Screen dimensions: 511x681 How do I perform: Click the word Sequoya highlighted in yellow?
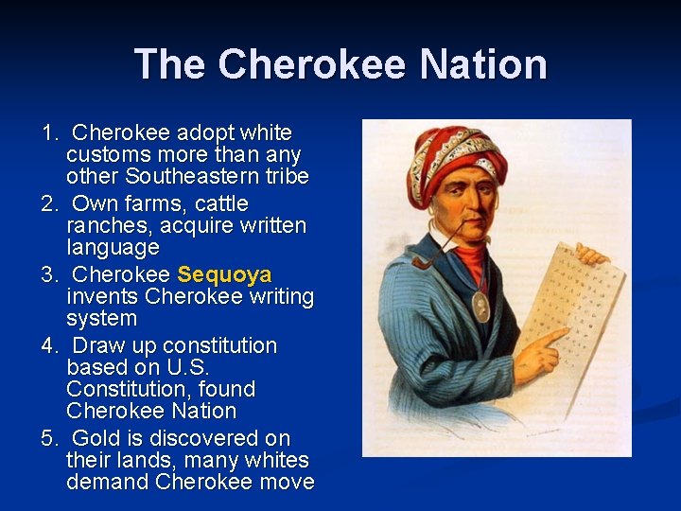click(224, 275)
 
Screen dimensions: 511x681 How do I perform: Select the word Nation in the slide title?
click(483, 64)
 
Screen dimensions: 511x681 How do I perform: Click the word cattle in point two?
click(221, 203)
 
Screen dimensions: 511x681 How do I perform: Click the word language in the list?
click(113, 248)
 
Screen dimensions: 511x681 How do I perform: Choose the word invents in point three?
click(102, 297)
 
